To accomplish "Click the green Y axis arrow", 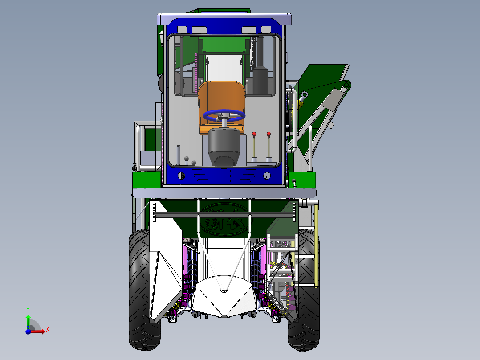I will [x=28, y=320].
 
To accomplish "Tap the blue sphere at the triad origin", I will [x=28, y=331].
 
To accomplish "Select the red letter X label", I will [x=47, y=329].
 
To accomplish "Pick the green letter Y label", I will [x=28, y=309].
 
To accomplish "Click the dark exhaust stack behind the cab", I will [x=260, y=67].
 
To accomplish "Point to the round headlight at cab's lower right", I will [x=267, y=176].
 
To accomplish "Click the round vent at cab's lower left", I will [x=181, y=176].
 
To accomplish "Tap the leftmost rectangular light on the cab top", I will [x=182, y=29].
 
